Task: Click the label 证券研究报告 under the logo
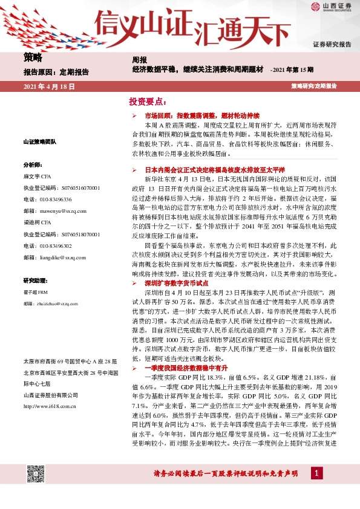(x=332, y=45)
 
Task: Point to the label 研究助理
(x=34, y=280)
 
